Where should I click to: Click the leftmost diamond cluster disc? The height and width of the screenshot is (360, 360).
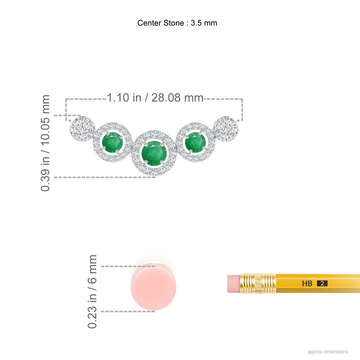click(x=82, y=129)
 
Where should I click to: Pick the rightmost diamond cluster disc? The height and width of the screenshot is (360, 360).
click(x=226, y=129)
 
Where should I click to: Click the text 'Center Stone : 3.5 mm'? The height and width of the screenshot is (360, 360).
click(x=177, y=23)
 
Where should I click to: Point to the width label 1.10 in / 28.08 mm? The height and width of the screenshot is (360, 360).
click(x=155, y=97)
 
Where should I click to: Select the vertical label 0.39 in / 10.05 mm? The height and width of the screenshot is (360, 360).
click(x=45, y=143)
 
